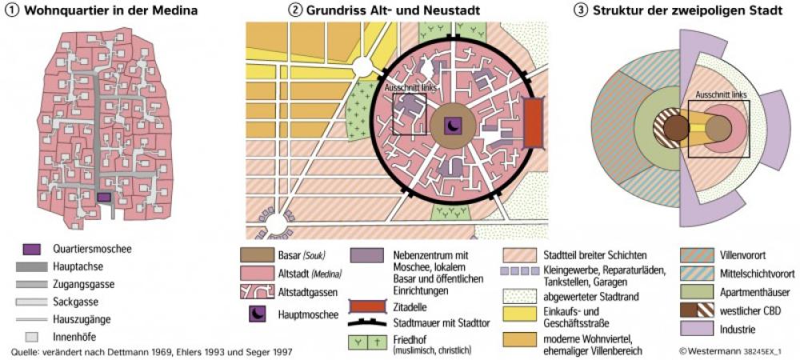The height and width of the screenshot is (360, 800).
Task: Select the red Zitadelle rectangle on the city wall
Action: point(533,122)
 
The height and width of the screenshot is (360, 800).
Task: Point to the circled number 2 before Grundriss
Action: point(296,10)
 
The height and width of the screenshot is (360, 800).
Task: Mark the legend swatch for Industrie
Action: point(692,328)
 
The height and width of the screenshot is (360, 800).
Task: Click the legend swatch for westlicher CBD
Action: point(692,310)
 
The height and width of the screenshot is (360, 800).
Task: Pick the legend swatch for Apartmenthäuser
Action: point(692,291)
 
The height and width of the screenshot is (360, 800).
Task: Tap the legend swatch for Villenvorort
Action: point(692,254)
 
